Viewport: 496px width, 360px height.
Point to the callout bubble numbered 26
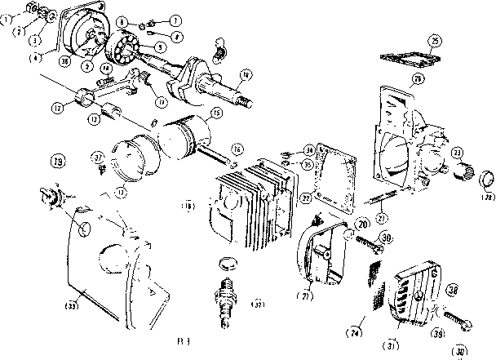(418, 79)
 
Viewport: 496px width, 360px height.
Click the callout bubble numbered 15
(215, 113)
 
